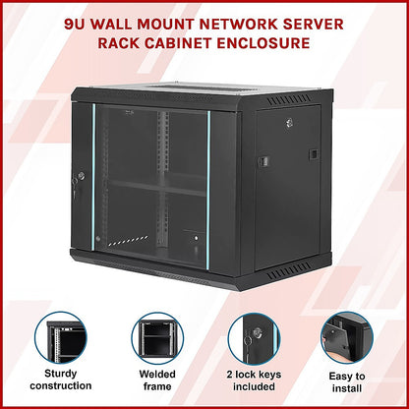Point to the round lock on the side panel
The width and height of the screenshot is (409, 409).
[290, 123]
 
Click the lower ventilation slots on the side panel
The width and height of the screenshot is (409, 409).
[293, 271]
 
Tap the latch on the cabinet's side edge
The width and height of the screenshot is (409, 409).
[263, 161]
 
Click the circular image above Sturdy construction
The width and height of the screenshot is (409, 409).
[60, 338]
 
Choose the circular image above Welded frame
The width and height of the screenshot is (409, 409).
[156, 338]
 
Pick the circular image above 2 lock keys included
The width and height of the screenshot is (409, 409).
[253, 338]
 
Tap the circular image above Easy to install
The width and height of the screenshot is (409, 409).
[347, 338]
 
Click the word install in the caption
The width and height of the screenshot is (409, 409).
[347, 389]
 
